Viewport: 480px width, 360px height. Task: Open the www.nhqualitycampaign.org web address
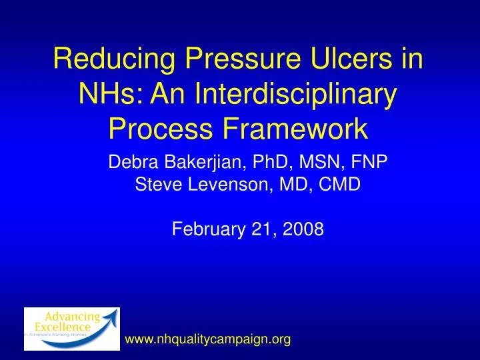pos(208,340)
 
